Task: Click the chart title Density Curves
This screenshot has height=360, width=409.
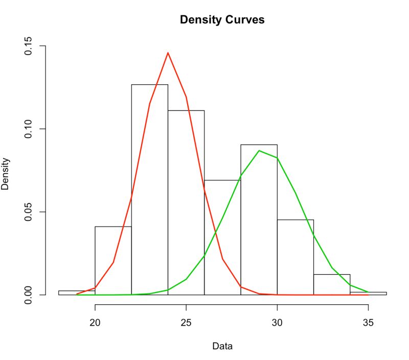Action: [x=222, y=20]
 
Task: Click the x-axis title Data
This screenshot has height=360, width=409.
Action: [x=222, y=346]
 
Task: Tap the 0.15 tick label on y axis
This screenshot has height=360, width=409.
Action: [x=32, y=46]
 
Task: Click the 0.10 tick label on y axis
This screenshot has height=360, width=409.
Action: [x=32, y=129]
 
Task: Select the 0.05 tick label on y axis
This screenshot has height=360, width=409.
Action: [x=32, y=212]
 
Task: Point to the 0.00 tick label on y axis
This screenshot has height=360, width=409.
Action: [x=32, y=295]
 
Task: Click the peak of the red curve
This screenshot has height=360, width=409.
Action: [x=168, y=53]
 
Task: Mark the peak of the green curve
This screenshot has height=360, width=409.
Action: [x=259, y=151]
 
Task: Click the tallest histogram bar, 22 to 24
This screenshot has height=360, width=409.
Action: [x=149, y=189]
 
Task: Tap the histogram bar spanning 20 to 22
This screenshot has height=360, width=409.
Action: [x=113, y=261]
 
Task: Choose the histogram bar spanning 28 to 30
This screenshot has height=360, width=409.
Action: [x=259, y=220]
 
